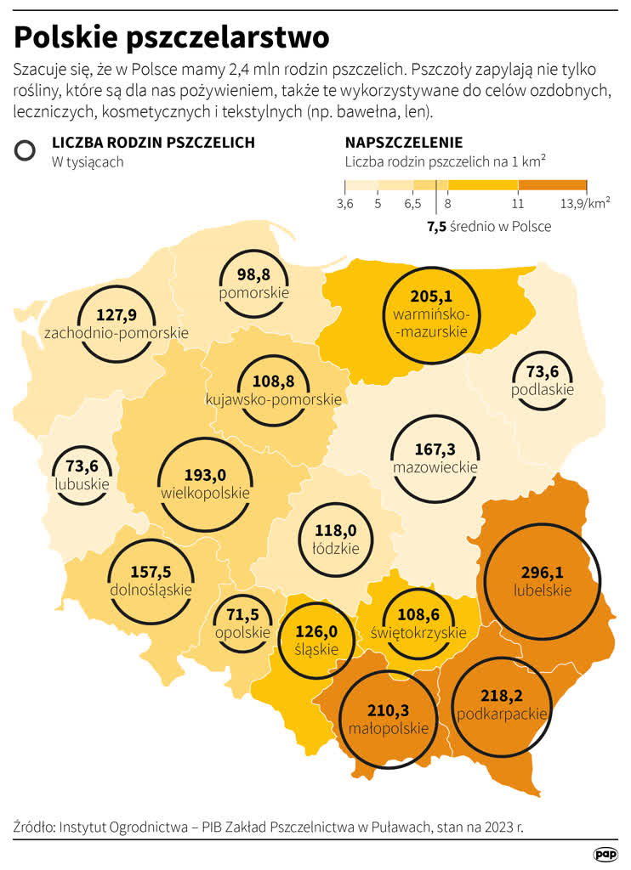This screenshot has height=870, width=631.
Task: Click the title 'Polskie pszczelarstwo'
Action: (x=171, y=37)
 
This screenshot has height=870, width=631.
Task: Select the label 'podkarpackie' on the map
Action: (x=502, y=715)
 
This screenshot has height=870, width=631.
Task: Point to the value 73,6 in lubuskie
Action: (x=82, y=466)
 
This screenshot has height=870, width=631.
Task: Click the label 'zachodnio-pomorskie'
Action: (x=117, y=333)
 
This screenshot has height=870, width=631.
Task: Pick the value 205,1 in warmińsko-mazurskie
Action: (x=430, y=297)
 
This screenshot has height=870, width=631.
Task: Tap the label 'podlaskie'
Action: (x=543, y=390)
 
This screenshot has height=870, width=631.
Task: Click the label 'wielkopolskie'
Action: (x=205, y=493)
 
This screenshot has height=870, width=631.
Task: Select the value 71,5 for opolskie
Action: (x=242, y=613)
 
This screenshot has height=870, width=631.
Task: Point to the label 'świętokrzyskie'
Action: (x=418, y=633)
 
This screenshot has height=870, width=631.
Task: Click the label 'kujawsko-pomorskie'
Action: (x=274, y=398)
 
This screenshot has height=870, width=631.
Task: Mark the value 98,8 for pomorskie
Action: (x=253, y=274)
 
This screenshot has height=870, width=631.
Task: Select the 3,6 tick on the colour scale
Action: (x=344, y=204)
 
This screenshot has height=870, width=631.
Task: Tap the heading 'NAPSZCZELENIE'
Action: (x=403, y=143)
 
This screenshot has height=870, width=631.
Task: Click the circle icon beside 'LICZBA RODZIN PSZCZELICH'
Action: (x=26, y=150)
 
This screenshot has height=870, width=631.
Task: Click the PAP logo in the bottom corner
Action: (x=605, y=853)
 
